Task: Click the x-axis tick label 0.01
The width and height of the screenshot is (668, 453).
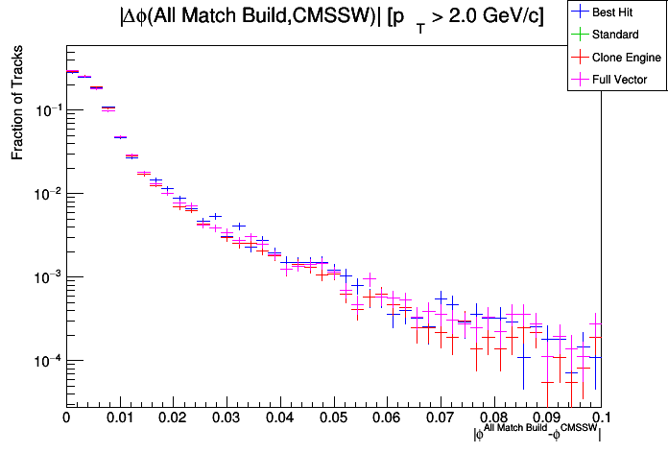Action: coord(120,418)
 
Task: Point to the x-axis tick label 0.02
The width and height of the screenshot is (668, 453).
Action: coord(173,418)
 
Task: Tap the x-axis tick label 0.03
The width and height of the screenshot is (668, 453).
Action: coord(227,418)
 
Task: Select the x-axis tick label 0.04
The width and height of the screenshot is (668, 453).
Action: coord(280,418)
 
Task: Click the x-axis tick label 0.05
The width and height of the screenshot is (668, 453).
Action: coord(333,418)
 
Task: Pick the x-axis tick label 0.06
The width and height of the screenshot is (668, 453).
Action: coord(387,418)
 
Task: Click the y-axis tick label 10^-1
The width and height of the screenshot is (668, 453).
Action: coord(46,110)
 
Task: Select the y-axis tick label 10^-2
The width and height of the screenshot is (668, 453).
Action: coord(46,194)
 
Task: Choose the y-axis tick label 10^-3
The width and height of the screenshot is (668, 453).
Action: coord(46,277)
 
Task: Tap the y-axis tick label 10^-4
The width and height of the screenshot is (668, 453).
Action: coord(46,361)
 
